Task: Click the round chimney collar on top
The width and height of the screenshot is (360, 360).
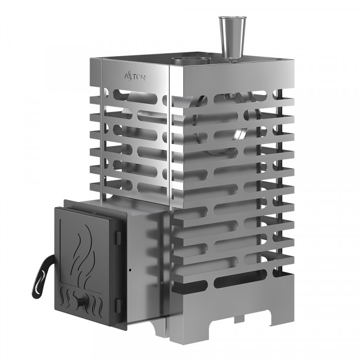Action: pyautogui.click(x=192, y=60)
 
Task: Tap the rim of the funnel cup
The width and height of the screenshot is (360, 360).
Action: pyautogui.click(x=232, y=19)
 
